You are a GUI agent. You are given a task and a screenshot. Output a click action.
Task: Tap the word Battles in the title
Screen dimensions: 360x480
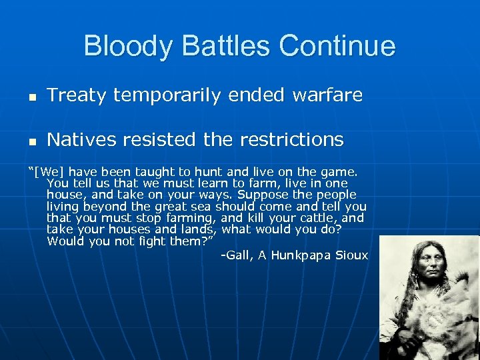pyautogui.click(x=223, y=47)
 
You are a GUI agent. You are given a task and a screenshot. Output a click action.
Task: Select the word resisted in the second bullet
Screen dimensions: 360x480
pyautogui.click(x=151, y=140)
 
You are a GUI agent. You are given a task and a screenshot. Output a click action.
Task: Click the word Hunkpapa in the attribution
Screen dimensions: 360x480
pyautogui.click(x=305, y=255)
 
